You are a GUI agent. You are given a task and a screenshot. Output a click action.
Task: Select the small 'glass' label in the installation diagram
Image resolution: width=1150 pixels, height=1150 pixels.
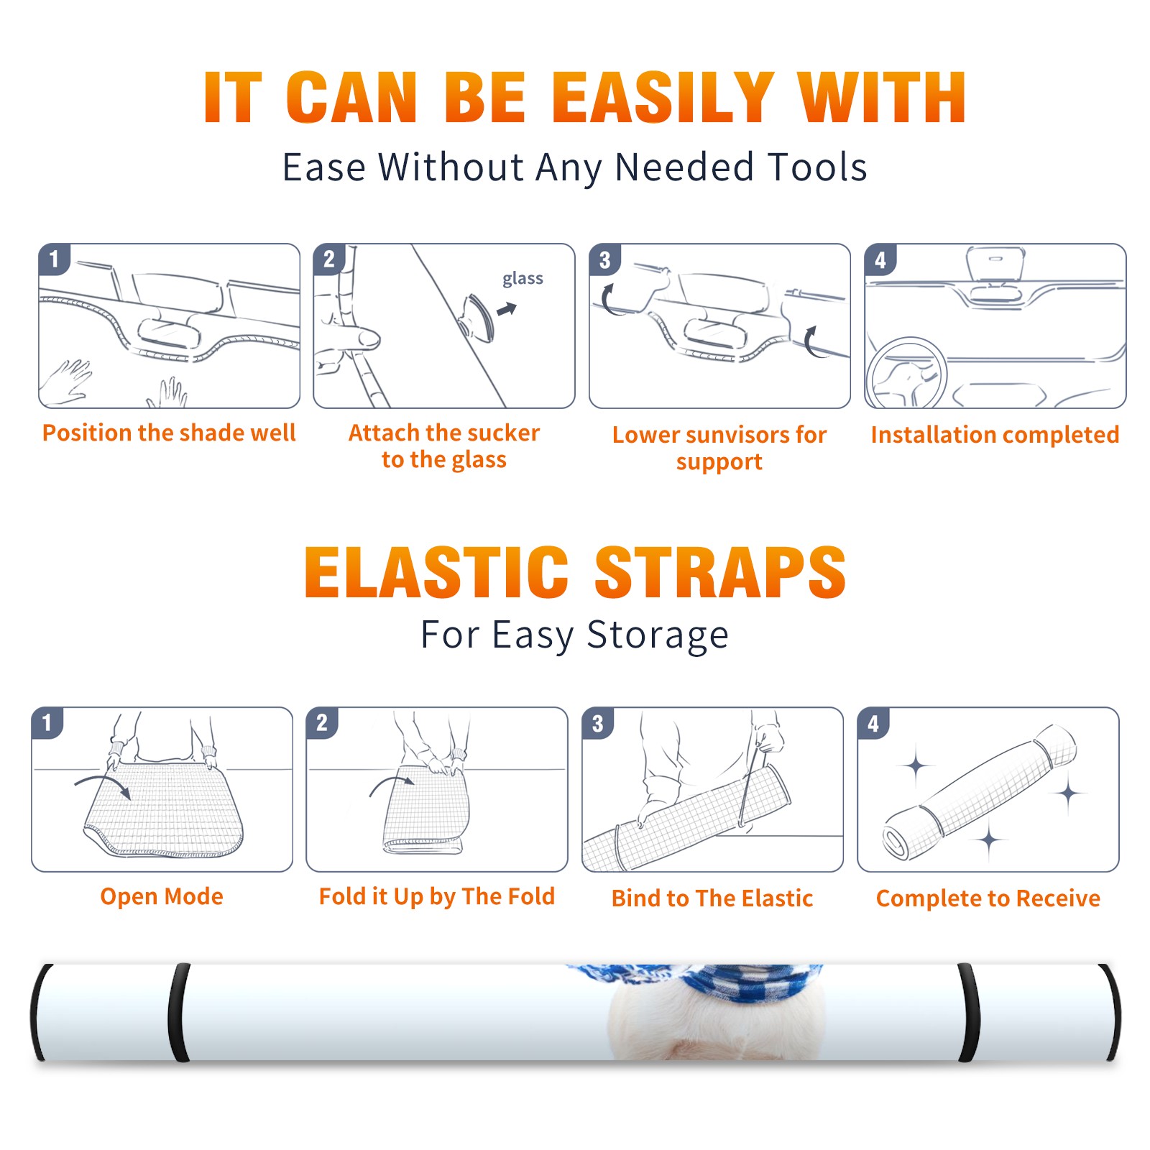click(x=523, y=279)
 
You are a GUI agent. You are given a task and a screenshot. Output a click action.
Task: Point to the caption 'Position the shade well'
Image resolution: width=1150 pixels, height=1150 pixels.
click(x=169, y=433)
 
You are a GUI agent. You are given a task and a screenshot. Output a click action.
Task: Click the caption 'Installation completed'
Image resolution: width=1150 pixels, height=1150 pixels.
click(x=995, y=435)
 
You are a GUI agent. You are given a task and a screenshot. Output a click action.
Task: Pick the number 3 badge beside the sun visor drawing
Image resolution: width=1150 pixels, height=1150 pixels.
click(x=604, y=259)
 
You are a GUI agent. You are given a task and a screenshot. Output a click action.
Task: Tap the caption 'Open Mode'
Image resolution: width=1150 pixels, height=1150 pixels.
click(x=162, y=896)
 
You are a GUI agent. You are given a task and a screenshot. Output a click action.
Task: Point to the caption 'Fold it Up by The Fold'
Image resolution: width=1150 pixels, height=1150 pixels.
click(x=437, y=897)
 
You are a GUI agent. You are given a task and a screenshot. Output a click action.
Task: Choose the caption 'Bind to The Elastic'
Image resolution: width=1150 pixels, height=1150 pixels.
click(x=712, y=898)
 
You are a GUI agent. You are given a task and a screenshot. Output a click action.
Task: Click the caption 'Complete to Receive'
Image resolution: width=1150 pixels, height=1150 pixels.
click(x=988, y=898)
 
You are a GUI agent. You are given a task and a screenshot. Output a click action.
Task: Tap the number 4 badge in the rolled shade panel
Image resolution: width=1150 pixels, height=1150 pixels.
click(x=873, y=723)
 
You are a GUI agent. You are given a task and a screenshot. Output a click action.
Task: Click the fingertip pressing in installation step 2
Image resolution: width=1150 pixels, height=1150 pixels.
click(x=367, y=338)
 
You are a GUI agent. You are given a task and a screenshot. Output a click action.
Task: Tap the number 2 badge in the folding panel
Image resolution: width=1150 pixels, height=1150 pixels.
click(x=322, y=722)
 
